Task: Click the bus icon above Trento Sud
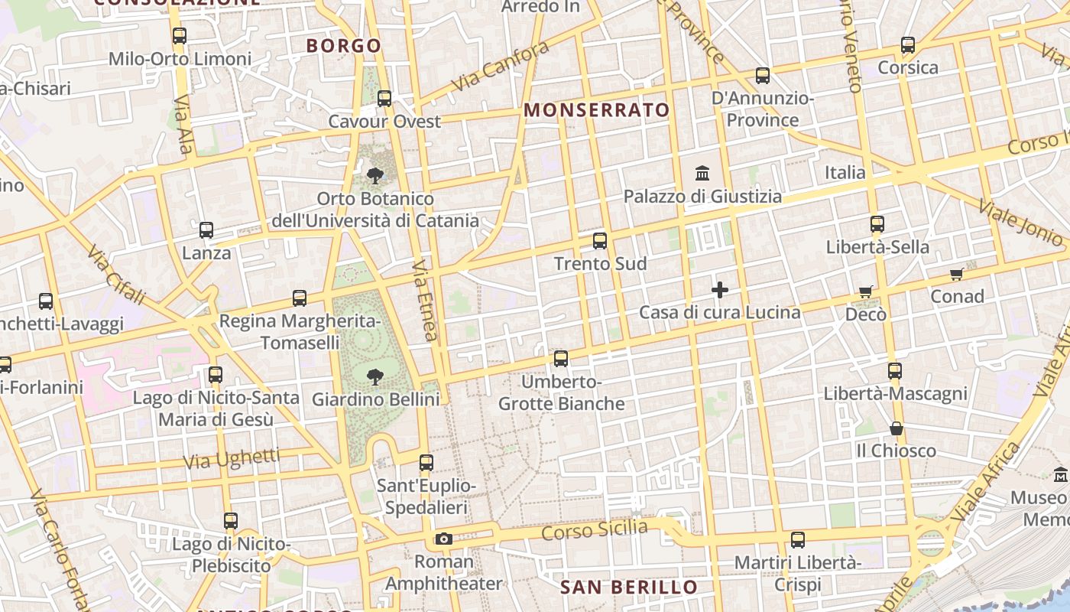pos(600,241)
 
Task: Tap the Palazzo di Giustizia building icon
pos(702,173)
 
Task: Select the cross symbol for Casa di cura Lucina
pos(719,290)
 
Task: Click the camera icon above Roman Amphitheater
pos(443,539)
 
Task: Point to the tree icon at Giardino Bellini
pos(374,376)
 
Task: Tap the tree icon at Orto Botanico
pos(374,176)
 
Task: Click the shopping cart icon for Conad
pos(956,274)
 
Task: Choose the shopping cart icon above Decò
pos(865,291)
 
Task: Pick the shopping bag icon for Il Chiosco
pos(897,428)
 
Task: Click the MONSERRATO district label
pos(597,110)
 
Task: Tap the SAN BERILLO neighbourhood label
pos(629,588)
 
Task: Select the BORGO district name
pos(344,46)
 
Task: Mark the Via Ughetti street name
pos(232,459)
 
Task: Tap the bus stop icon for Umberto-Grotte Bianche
pos(561,358)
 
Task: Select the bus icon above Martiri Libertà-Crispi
pos(798,540)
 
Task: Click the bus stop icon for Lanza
pos(206,230)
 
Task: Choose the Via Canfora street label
pos(501,66)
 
